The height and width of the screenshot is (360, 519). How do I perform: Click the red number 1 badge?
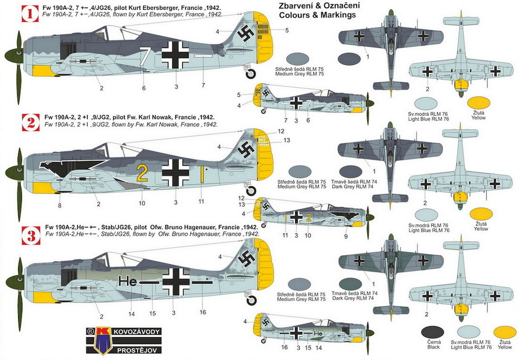[31, 14]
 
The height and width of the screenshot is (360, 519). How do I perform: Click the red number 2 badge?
[31, 123]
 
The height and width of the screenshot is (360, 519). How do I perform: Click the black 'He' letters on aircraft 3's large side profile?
[128, 282]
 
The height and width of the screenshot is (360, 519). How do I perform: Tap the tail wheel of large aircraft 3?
[251, 300]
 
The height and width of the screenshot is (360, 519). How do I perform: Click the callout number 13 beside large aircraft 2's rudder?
[286, 140]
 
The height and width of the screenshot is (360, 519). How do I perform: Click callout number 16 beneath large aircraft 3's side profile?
[202, 312]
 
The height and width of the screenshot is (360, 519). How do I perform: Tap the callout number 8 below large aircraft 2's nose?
[60, 205]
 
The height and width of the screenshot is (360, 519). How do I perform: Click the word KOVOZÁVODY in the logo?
[136, 331]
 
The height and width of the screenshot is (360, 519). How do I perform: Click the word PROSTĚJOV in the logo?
[139, 350]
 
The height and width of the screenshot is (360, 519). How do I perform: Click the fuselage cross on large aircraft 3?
[176, 282]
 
